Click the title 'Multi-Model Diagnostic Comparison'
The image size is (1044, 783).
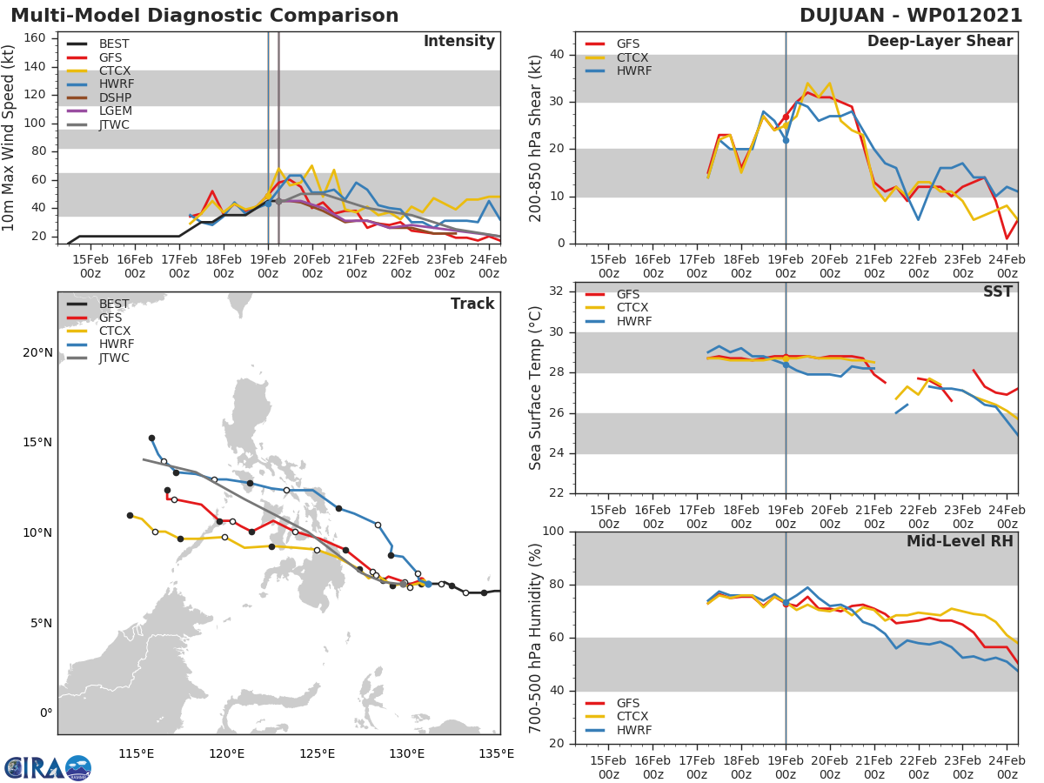[x=204, y=16]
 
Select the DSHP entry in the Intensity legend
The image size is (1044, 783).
[x=116, y=98]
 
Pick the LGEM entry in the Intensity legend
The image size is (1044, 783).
[x=116, y=112]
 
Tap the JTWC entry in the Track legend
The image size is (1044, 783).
[x=115, y=358]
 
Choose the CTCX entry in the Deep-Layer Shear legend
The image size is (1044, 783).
[x=633, y=57]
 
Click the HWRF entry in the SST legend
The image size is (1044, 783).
[x=633, y=321]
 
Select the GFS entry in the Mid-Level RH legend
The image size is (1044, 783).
[x=632, y=703]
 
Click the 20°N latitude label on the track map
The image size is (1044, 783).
[x=36, y=352]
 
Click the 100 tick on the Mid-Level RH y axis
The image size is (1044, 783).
[x=552, y=532]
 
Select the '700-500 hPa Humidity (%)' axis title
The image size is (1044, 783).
[x=535, y=638]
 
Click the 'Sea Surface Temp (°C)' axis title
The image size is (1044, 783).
[x=535, y=388]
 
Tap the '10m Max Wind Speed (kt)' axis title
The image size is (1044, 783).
[x=9, y=139]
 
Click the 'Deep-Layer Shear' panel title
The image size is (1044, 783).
[x=940, y=42]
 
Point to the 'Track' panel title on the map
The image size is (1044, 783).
[x=472, y=304]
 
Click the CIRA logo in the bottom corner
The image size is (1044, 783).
[x=47, y=767]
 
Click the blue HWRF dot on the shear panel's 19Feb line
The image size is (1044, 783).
[x=786, y=140]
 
